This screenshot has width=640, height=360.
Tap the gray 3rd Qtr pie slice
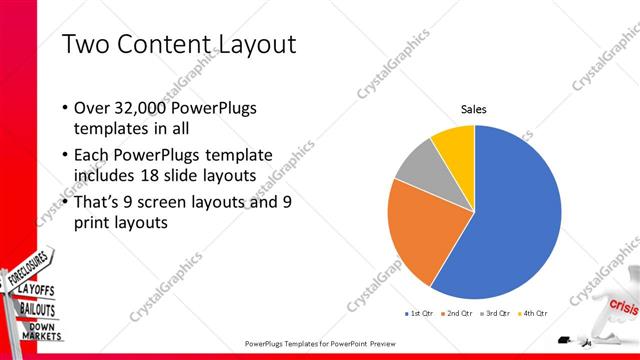[418, 162]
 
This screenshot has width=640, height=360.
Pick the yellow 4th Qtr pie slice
[455, 141]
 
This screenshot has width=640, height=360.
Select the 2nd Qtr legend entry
[457, 313]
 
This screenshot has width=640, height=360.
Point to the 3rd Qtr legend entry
[496, 313]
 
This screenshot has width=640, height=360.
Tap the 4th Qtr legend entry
[534, 313]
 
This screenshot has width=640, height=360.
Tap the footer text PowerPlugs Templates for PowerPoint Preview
[320, 342]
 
